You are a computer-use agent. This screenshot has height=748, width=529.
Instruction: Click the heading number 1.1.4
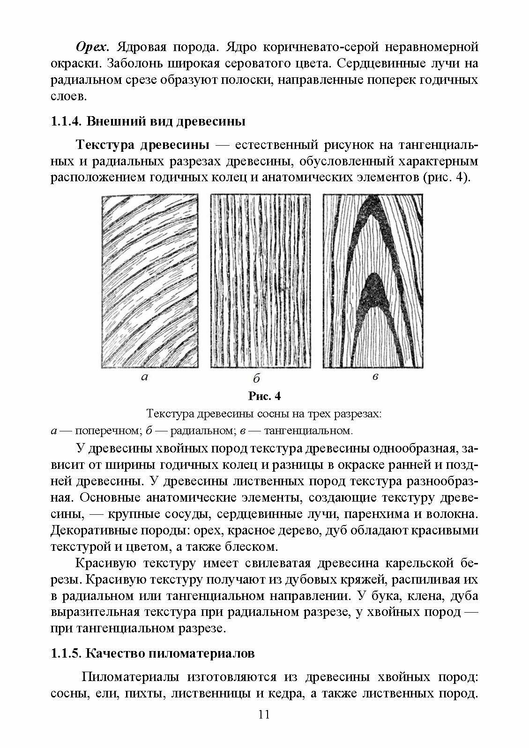(x=67, y=122)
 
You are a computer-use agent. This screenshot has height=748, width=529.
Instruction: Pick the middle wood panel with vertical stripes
(x=261, y=281)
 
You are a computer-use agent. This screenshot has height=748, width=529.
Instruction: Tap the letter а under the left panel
(x=145, y=377)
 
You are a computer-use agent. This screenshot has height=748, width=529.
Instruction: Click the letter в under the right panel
(x=375, y=377)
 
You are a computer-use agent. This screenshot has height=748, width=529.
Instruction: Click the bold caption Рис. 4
(x=264, y=396)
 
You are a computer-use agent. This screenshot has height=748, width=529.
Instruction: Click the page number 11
(x=264, y=727)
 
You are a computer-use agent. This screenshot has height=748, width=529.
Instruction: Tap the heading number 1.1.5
(x=67, y=653)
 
